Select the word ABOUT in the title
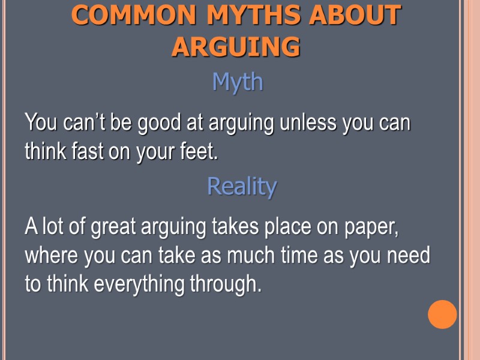pyautogui.click(x=355, y=16)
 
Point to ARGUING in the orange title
pyautogui.click(x=236, y=47)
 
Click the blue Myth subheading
pyautogui.click(x=238, y=82)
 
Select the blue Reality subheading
pyautogui.click(x=242, y=186)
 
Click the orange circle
pyautogui.click(x=442, y=314)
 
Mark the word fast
pyautogui.click(x=89, y=152)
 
